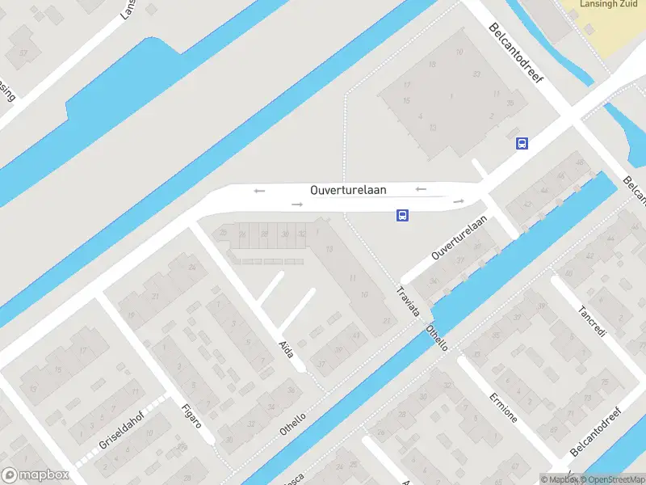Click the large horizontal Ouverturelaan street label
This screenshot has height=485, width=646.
coord(348,189)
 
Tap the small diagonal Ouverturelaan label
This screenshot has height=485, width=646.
coord(459,238)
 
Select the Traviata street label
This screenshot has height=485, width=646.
coord(409,301)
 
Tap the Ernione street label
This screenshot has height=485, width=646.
coord(502,407)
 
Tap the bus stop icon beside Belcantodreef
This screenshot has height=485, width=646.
coord(522,143)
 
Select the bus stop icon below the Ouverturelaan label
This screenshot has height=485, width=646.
coord(402,215)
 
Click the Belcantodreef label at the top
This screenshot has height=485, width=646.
coord(518,56)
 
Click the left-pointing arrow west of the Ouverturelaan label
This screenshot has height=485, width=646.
coord(259,191)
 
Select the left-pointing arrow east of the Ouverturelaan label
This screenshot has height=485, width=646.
coord(421,189)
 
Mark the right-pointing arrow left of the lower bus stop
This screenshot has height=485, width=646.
coord(297,205)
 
